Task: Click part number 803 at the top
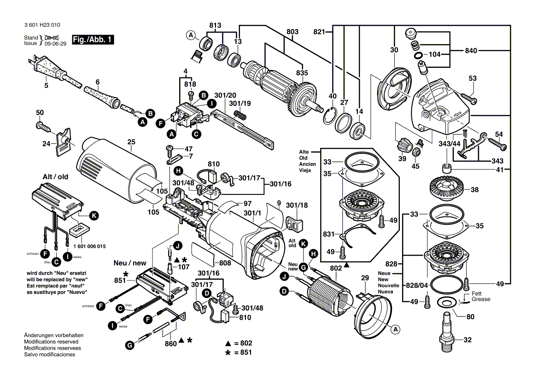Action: pyautogui.click(x=292, y=31)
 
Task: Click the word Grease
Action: pyautogui.click(x=480, y=299)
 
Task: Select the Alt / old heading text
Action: pyautogui.click(x=55, y=176)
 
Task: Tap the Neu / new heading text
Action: pyautogui.click(x=130, y=263)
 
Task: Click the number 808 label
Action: pyautogui.click(x=225, y=263)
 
